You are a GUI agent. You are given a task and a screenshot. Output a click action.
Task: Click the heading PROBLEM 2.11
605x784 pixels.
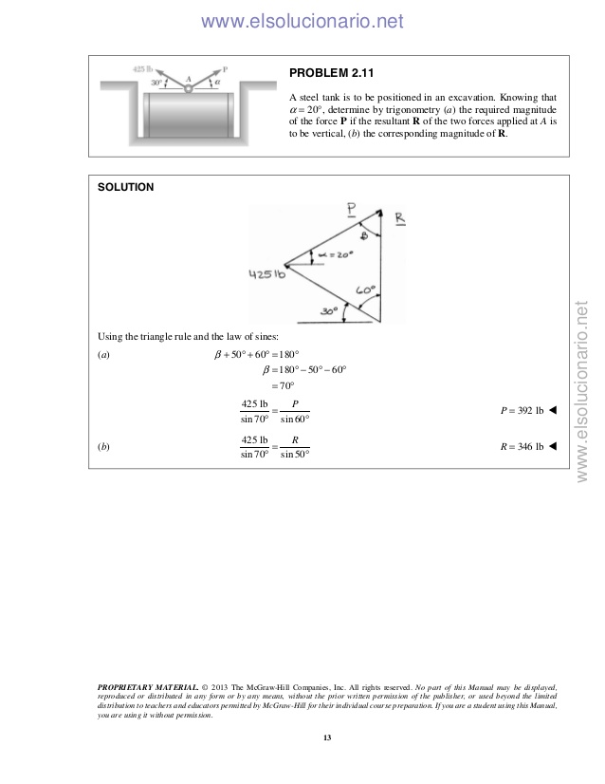(330, 72)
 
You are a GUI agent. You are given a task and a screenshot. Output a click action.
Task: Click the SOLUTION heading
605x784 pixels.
(126, 188)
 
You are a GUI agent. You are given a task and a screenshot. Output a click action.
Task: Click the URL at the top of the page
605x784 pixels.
(302, 21)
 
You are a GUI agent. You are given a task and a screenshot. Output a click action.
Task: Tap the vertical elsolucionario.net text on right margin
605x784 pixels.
(583, 388)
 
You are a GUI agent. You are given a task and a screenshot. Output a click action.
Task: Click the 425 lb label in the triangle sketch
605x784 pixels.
(267, 275)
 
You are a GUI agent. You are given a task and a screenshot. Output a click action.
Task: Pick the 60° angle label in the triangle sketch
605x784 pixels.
(366, 289)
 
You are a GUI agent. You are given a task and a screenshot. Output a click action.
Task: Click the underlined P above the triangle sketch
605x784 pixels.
(351, 209)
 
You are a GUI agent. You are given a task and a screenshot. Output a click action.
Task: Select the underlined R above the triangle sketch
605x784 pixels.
(400, 218)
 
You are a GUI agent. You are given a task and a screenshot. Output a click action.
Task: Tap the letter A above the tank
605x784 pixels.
(188, 79)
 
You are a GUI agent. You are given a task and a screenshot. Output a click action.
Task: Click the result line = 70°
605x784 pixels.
(284, 385)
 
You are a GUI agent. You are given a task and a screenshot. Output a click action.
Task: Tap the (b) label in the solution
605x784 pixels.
(103, 446)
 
